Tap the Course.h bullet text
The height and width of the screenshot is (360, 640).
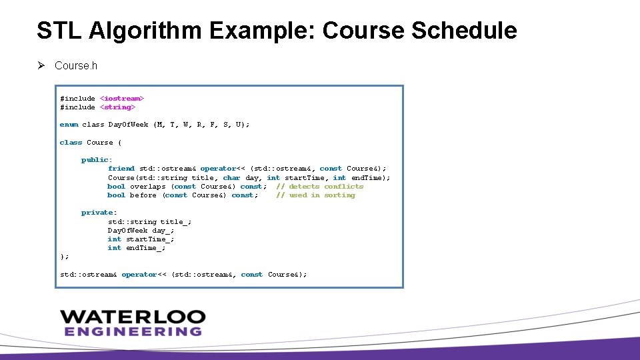tap(76, 66)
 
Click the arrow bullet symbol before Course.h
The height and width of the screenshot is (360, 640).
tap(41, 65)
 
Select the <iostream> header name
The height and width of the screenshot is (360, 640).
tap(122, 99)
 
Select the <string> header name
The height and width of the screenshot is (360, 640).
tap(117, 107)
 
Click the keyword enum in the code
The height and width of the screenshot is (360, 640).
tap(69, 125)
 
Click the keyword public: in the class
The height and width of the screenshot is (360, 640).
tap(97, 160)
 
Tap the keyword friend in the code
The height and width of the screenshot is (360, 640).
tap(121, 169)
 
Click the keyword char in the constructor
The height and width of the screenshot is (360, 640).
tap(231, 178)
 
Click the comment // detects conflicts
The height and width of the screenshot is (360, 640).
tap(320, 187)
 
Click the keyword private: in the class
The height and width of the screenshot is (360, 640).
tap(99, 213)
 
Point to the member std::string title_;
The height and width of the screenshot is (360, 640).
tap(150, 221)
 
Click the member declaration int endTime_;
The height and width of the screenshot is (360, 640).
tap(137, 248)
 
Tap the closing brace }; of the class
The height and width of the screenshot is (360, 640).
tap(64, 257)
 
